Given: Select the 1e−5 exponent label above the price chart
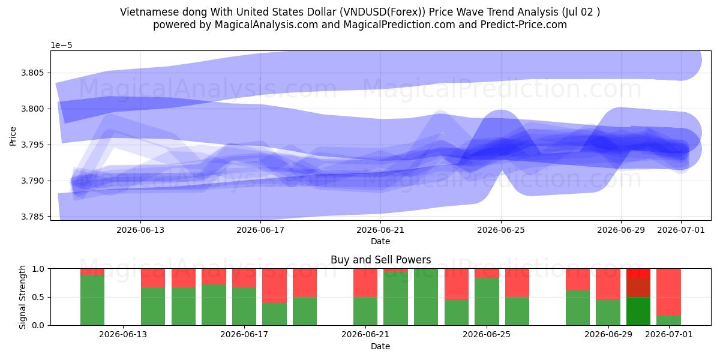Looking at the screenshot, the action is pyautogui.click(x=61, y=46).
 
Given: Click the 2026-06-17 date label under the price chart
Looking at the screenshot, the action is pyautogui.click(x=260, y=230).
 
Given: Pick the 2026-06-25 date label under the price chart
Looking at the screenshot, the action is pyautogui.click(x=501, y=230).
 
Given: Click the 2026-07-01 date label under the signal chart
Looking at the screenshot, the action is pyautogui.click(x=669, y=335).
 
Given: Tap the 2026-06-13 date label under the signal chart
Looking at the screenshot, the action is pyautogui.click(x=123, y=335).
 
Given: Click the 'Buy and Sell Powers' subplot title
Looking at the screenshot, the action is pyautogui.click(x=380, y=260).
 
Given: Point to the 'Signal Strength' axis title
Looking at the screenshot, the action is pyautogui.click(x=22, y=297).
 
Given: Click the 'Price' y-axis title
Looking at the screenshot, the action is pyautogui.click(x=13, y=137).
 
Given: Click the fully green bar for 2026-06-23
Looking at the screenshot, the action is pyautogui.click(x=426, y=297).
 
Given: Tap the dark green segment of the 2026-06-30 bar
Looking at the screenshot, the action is pyautogui.click(x=638, y=311).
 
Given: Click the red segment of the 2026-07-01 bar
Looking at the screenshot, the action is pyautogui.click(x=668, y=292).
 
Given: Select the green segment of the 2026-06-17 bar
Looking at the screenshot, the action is pyautogui.click(x=244, y=307).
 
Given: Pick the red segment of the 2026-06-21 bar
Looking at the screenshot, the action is pyautogui.click(x=365, y=283).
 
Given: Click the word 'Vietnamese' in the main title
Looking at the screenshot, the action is pyautogui.click(x=149, y=12).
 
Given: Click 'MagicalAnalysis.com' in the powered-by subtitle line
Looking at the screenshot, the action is pyautogui.click(x=266, y=25).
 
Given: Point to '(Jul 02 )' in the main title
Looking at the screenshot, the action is pyautogui.click(x=581, y=12).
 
